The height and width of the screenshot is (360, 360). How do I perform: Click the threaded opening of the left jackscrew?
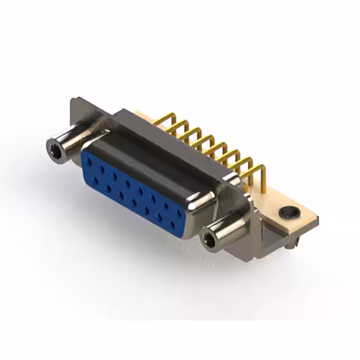tap(55, 150)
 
